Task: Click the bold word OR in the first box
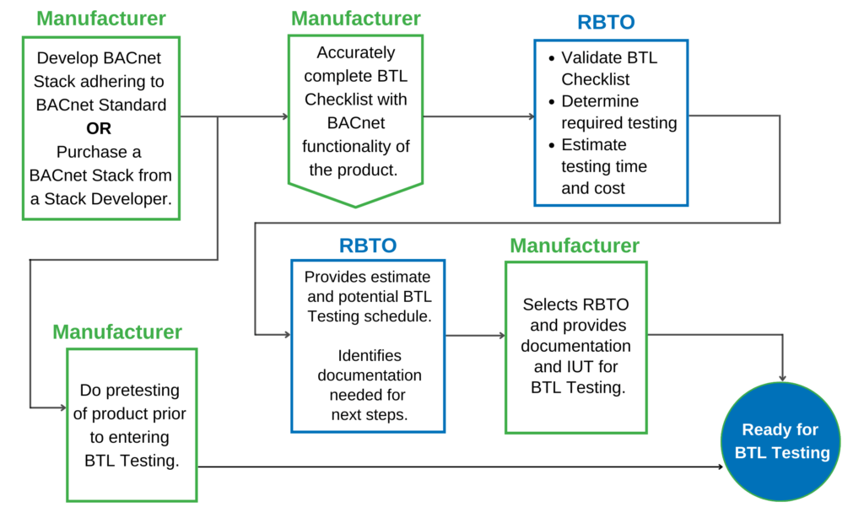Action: click(99, 129)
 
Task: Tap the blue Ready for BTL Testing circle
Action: click(781, 441)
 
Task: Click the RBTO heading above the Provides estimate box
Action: click(368, 246)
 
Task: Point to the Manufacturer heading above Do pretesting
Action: click(117, 332)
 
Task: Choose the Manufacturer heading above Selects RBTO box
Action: click(575, 246)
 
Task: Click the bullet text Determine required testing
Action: click(618, 112)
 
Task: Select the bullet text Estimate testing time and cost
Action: click(604, 166)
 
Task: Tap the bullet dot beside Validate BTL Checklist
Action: click(551, 59)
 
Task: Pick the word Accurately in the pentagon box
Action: click(355, 53)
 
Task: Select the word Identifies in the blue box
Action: click(370, 355)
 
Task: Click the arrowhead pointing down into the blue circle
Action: click(784, 376)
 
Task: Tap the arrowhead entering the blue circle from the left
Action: click(729, 466)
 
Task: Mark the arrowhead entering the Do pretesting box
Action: click(62, 407)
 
